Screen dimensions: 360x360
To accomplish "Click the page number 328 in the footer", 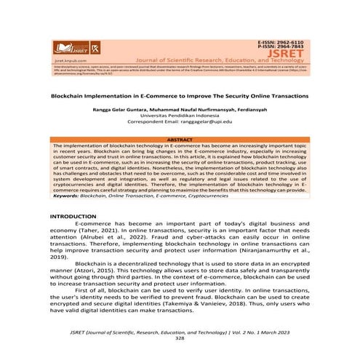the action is point(180,338).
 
